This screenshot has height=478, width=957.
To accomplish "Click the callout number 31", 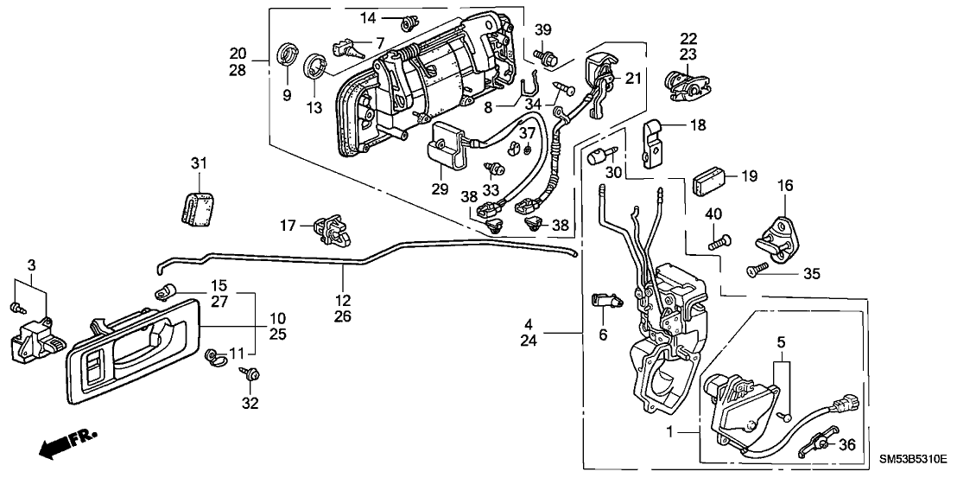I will pyautogui.click(x=200, y=164).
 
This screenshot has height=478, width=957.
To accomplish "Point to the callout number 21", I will pyautogui.click(x=634, y=79).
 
